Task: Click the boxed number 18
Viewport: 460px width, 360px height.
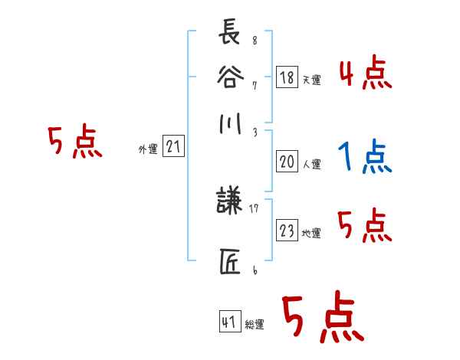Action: (287, 77)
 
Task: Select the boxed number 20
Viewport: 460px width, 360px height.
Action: (287, 162)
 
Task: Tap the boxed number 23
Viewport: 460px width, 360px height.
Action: (287, 231)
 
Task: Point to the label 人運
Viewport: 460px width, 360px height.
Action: (310, 164)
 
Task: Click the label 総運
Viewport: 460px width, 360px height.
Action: (255, 325)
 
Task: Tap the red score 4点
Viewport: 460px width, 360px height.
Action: (365, 74)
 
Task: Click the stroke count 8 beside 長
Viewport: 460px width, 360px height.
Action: (255, 41)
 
